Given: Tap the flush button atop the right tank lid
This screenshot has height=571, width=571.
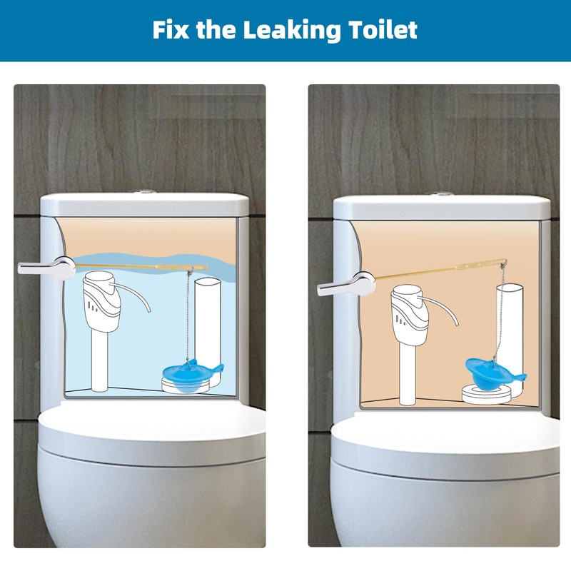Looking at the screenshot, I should [x=442, y=193].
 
